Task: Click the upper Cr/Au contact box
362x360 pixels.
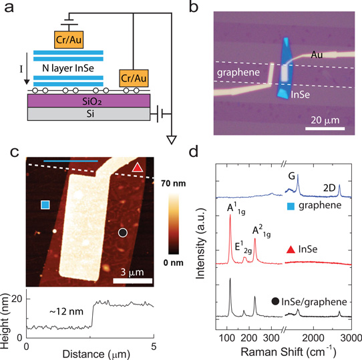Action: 69,39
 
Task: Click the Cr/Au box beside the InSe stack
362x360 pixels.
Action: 134,78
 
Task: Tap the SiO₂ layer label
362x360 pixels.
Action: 92,102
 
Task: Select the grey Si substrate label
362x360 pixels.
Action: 90,114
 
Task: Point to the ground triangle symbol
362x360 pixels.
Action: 172,140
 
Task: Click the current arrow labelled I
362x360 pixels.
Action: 27,69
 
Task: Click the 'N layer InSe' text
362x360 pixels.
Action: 68,68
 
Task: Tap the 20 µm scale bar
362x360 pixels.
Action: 325,129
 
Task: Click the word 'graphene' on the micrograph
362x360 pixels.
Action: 238,73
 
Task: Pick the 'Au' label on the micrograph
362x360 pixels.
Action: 317,55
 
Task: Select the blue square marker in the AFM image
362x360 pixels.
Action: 45,205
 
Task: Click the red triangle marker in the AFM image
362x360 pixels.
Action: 138,168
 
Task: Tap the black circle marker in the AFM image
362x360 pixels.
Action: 123,232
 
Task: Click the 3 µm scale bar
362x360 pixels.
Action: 132,281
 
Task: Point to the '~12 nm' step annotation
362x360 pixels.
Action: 66,312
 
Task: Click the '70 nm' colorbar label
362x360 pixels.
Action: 174,184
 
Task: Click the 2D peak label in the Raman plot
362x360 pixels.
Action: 329,188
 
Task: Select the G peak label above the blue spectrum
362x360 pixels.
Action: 292,176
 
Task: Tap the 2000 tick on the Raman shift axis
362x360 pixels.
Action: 313,338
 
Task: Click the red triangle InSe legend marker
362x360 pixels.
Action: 291,250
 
